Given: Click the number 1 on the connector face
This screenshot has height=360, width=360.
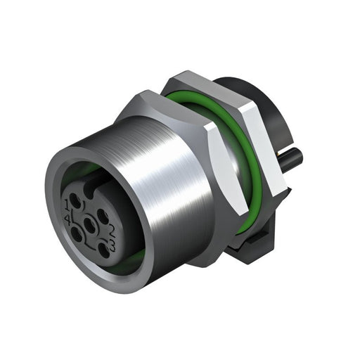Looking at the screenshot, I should point(67,205).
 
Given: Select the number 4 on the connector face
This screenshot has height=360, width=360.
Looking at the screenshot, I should point(67,220).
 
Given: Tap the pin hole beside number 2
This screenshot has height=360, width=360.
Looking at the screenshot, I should point(103,217).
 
